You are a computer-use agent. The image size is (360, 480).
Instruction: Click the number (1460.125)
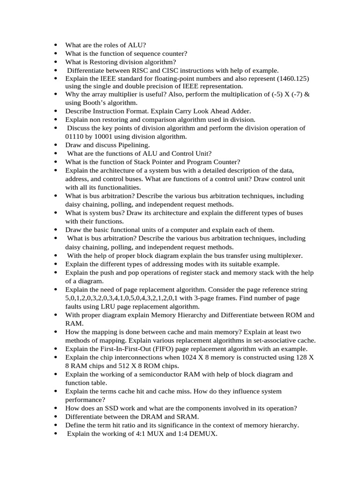click(289, 79)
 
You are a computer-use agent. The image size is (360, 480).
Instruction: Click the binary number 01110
click(75, 136)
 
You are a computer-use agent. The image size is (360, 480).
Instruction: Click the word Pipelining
click(131, 145)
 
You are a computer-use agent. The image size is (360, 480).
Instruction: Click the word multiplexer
click(284, 255)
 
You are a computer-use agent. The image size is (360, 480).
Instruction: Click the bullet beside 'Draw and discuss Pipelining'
click(56, 145)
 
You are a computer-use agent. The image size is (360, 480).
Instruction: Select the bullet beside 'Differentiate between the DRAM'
click(56, 417)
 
